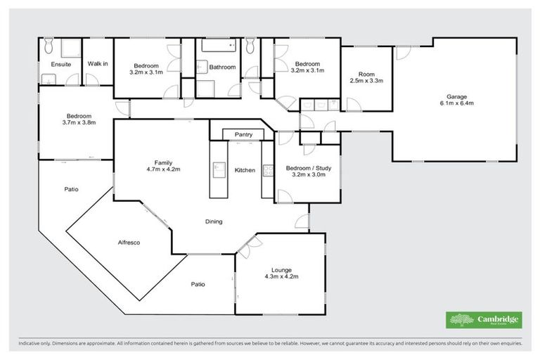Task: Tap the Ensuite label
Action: (51, 64)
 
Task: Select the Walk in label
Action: (98, 64)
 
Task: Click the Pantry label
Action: (243, 134)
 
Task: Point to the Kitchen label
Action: (245, 170)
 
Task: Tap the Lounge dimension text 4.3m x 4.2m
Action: (281, 276)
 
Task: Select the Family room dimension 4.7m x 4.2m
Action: (164, 169)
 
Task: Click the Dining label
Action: (214, 221)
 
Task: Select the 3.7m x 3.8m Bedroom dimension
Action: (77, 122)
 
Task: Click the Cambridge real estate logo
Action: (484, 320)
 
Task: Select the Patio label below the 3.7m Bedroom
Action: (71, 188)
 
